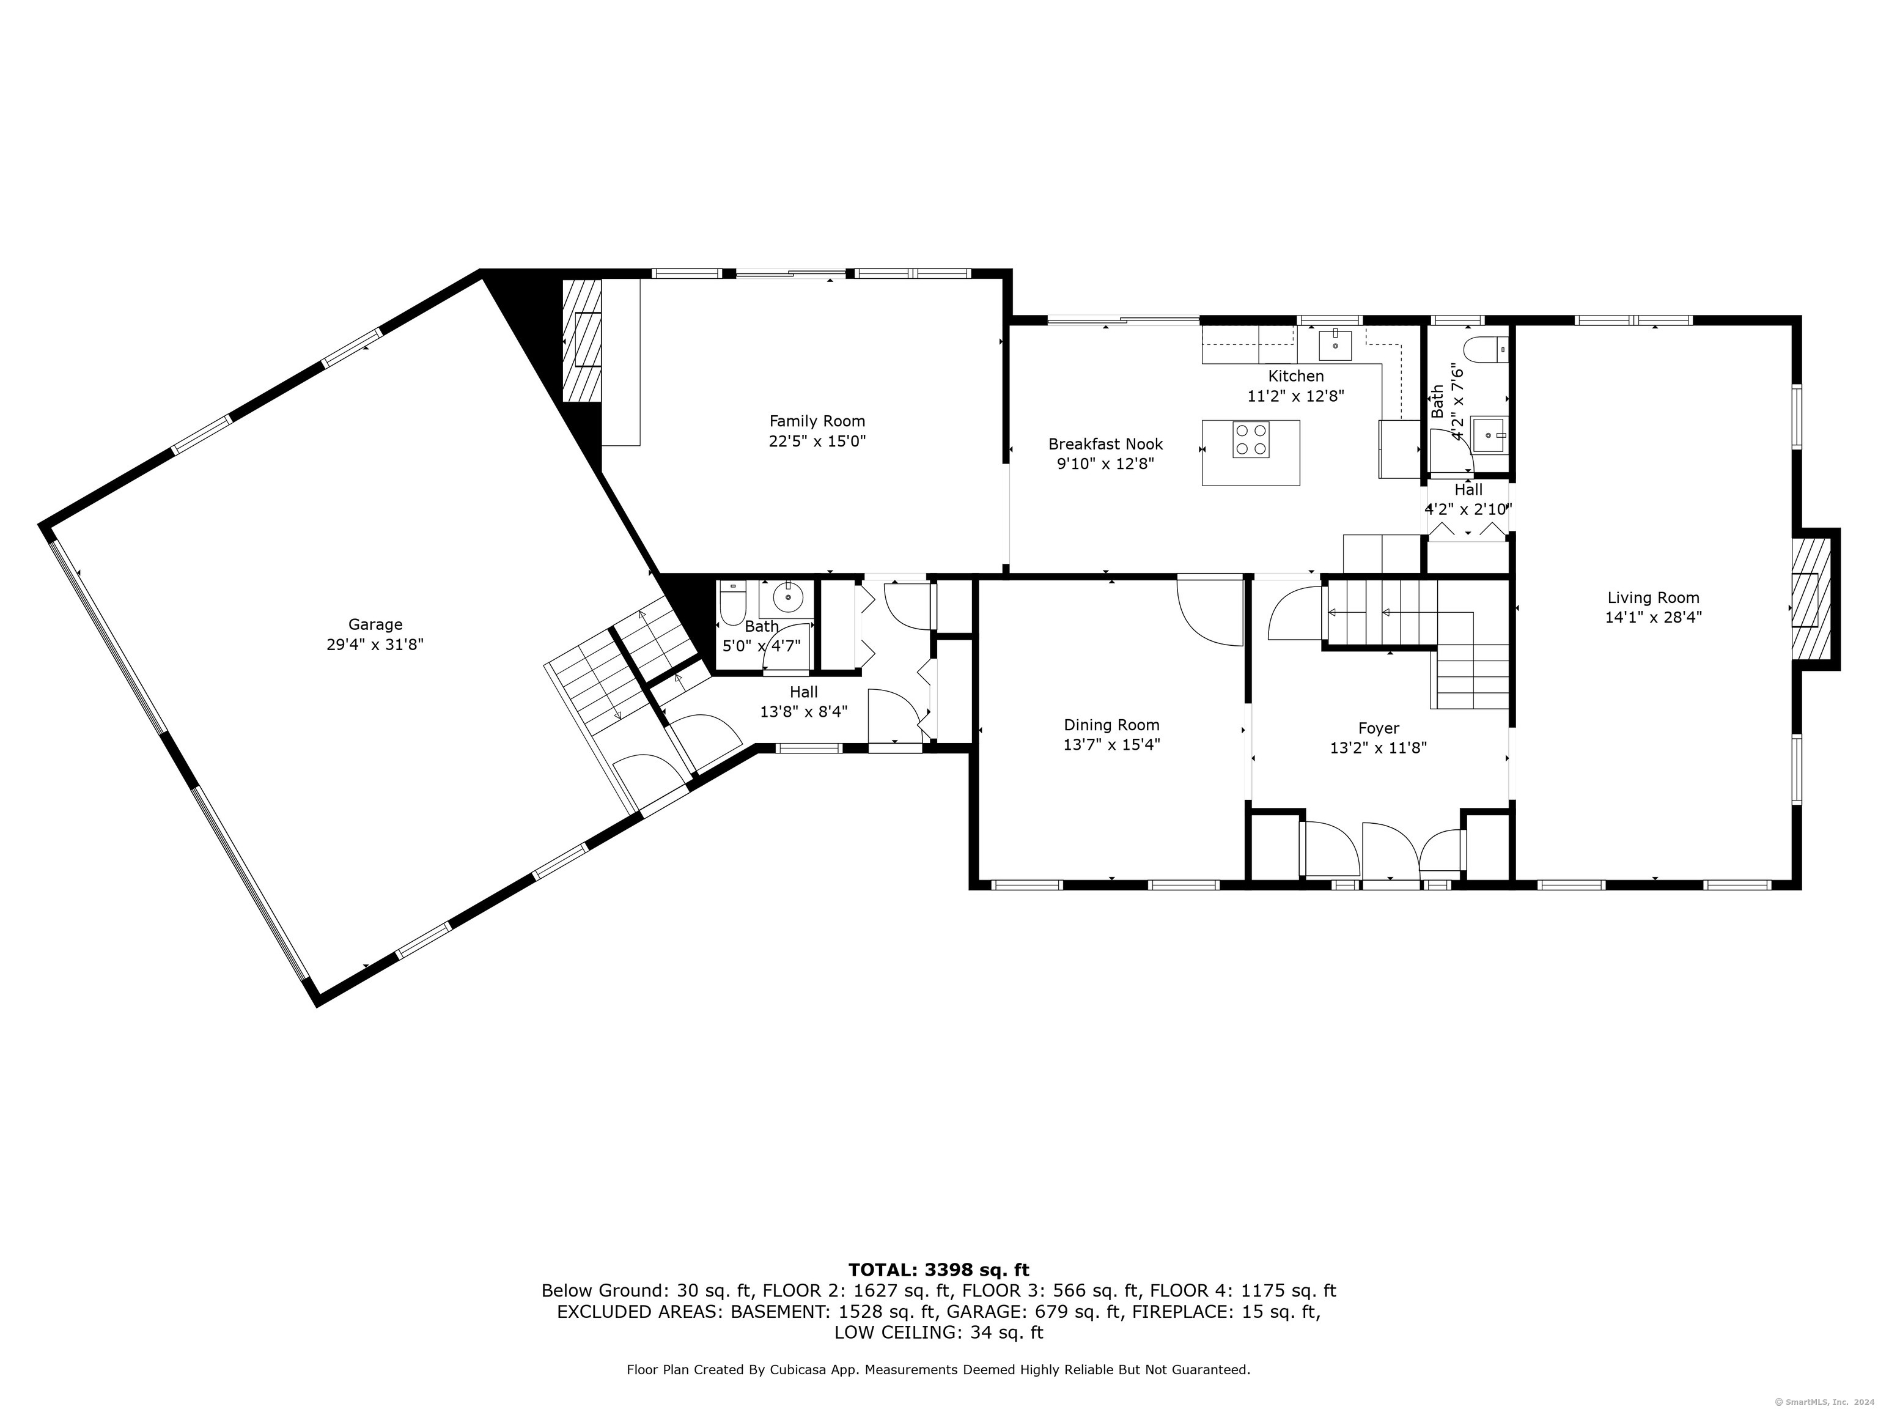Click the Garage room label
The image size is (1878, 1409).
(375, 624)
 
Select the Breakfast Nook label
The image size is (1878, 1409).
(1105, 443)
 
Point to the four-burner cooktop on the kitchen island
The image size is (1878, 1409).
(1251, 440)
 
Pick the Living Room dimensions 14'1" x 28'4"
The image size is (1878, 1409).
(1653, 618)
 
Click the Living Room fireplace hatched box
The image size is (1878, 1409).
(1810, 599)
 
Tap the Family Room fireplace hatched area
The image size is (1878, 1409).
(583, 340)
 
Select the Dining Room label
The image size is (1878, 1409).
(1111, 725)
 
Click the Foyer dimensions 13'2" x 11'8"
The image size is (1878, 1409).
(1378, 749)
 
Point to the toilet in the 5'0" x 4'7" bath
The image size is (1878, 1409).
(732, 602)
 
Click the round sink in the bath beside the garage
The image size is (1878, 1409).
(788, 599)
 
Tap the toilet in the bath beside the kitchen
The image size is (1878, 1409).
(1487, 349)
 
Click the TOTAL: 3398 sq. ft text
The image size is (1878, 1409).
(938, 1270)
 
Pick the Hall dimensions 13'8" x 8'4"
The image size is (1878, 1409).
(803, 712)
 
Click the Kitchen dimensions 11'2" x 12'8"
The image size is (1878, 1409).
(1295, 396)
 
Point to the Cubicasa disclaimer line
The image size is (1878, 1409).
(938, 1369)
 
